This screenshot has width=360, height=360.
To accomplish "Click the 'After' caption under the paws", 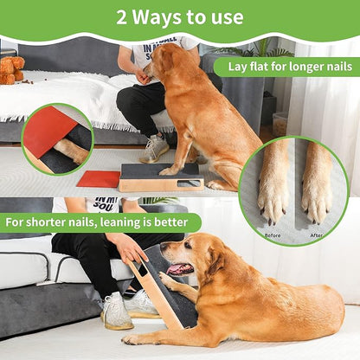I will coord(317,235).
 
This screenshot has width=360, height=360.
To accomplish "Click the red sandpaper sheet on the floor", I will coord(98,179).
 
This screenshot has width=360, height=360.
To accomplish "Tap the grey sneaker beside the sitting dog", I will coord(156,149).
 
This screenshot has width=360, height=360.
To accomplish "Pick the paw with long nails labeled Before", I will coord(274,186).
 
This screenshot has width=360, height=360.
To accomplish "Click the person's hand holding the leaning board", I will coord(130,251).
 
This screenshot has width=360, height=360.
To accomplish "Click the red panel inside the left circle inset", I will coord(48,130).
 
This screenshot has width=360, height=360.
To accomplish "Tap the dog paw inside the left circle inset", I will coord(71,151).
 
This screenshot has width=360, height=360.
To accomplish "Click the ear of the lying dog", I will coord(204,255).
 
